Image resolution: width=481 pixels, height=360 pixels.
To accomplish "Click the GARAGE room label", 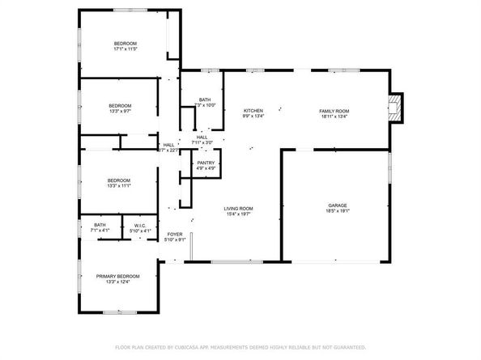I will pos(337,205).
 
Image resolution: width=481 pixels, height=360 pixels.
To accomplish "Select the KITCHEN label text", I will pos(253,110).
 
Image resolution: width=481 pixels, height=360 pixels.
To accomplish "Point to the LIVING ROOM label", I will pos(239,209).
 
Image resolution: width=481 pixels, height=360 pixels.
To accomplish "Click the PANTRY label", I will pos(205,163).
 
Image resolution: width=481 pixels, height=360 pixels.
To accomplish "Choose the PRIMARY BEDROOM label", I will pos(119,277).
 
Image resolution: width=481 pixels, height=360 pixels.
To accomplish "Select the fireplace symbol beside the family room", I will pos(394,108).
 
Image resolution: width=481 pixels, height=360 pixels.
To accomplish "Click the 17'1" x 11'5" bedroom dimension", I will pos(125,49).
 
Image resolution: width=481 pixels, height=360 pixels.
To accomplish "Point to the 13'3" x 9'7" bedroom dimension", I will pos(120,112).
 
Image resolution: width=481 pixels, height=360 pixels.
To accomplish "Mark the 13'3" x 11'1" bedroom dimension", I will pos(120,186).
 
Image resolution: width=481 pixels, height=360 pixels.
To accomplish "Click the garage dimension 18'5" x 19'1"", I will pos(337,212).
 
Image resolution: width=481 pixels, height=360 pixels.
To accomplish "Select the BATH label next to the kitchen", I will pos(205,100).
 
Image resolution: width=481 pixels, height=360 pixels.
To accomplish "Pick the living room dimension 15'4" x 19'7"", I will pos(239,215).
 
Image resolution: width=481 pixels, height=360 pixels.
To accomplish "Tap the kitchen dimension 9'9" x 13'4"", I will pos(253,116).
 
